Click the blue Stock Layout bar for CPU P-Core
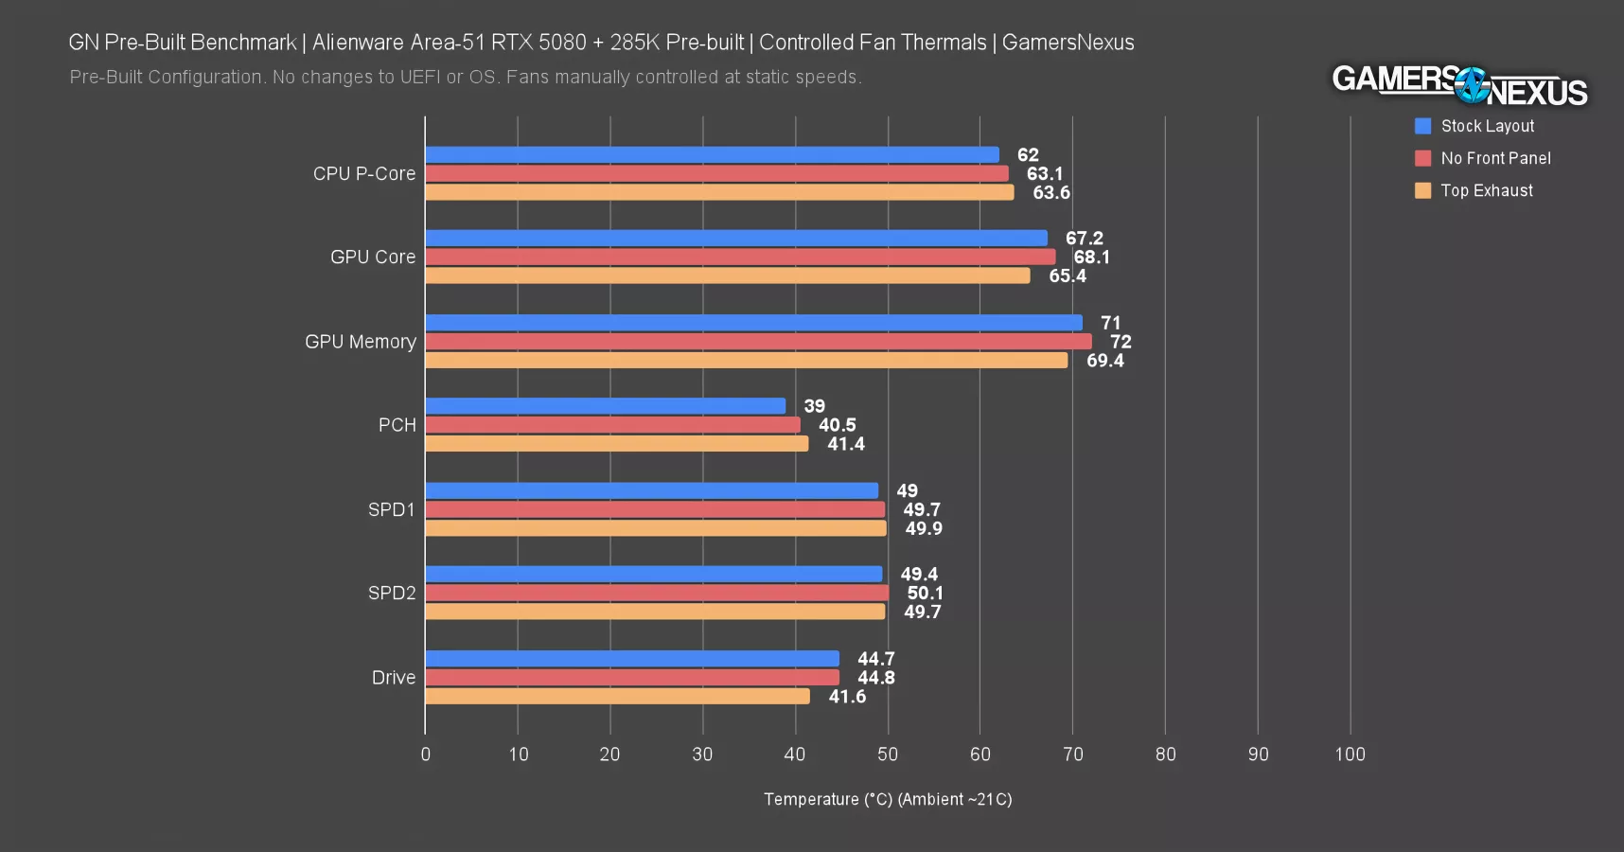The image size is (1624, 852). point(712,155)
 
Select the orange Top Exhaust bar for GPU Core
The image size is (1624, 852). point(727,275)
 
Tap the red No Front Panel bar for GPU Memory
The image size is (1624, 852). point(758,342)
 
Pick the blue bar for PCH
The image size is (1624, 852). point(606,406)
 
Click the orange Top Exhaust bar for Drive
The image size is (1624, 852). point(617,697)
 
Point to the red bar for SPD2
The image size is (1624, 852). point(657,594)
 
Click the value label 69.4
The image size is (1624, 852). point(1104,361)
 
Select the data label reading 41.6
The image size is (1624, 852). point(847,697)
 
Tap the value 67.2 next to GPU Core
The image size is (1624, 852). point(1084,239)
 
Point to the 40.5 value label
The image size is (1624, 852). point(837,425)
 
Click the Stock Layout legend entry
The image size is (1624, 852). point(1487,126)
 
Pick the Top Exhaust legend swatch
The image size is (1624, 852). point(1422,190)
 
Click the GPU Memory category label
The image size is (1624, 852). point(360,342)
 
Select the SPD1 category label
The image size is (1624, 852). point(391,509)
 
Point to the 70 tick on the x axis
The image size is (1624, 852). point(1072,754)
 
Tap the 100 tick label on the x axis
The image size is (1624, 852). point(1350,754)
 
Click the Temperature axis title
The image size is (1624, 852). point(888,799)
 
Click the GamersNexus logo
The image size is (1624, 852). point(1458,85)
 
